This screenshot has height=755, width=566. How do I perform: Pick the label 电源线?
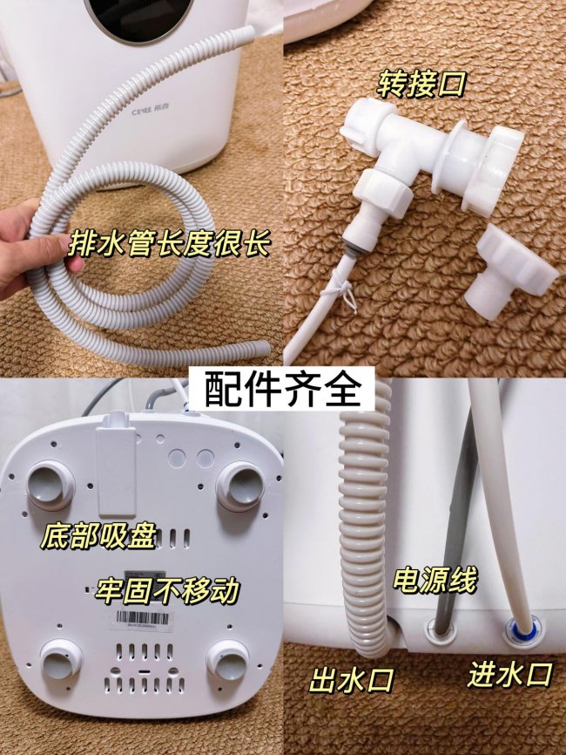pos(435,580)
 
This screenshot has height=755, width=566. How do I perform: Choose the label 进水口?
pos(510,673)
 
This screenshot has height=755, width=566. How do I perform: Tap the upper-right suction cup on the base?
pos(240,486)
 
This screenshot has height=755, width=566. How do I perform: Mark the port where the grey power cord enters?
pos(435,625)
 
